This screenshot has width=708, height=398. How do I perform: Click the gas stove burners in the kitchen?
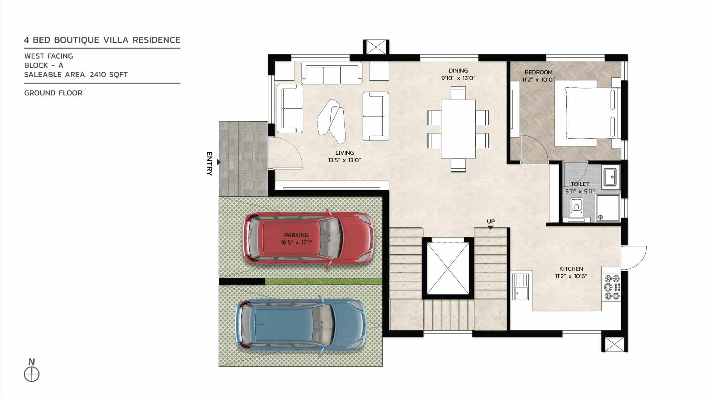611,286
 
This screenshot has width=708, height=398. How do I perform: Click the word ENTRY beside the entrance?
209,163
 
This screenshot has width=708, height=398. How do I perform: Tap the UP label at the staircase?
490,221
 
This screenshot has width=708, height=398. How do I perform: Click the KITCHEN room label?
571,269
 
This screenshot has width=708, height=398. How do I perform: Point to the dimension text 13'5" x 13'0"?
344,160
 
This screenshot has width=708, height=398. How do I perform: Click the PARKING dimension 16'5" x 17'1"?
296,242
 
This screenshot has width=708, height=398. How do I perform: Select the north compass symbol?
32,374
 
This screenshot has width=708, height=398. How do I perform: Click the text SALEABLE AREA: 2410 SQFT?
76,74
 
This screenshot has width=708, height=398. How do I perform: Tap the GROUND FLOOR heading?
53,93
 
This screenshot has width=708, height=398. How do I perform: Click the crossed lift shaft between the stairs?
448,269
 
